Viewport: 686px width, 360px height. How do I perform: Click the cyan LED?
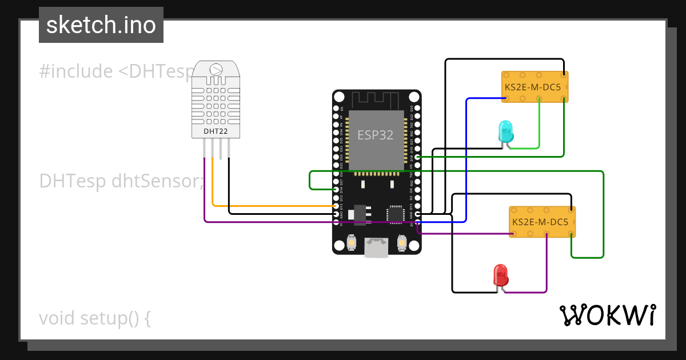(x=506, y=131)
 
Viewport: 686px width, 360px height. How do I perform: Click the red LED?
(x=501, y=275)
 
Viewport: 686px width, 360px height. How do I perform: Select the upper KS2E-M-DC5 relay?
(x=535, y=87)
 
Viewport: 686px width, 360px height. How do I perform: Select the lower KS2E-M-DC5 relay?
(x=542, y=222)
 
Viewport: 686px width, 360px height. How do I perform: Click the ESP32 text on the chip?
(x=376, y=135)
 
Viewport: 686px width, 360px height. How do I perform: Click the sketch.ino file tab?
(x=101, y=25)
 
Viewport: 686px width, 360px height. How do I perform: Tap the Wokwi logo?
(x=607, y=315)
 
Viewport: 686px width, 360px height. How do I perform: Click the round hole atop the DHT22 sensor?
(x=216, y=70)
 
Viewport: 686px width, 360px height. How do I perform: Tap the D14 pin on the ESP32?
(x=336, y=189)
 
